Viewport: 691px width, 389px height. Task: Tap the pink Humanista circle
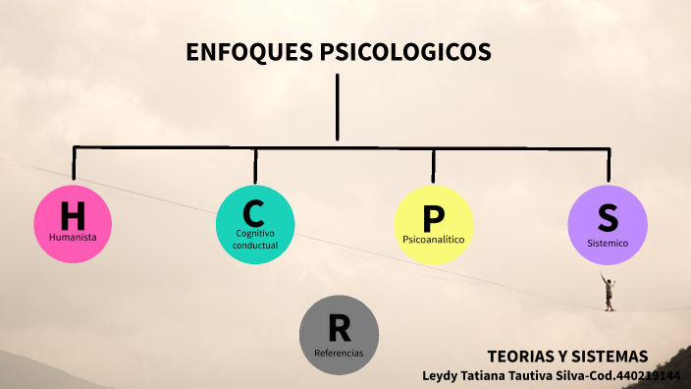73,224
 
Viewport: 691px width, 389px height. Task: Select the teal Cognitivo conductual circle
255,224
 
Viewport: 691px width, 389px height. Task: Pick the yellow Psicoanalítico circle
433,225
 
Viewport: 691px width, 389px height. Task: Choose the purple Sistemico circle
608,225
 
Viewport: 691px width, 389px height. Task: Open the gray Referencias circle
339,335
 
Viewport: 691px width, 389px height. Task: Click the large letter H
73,214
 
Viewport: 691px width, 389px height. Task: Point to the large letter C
255,211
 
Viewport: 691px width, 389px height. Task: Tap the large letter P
433,217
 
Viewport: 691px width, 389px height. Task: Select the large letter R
339,325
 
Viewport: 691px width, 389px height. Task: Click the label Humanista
73,237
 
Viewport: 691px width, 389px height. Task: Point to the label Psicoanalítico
433,239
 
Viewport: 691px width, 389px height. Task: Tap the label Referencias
339,352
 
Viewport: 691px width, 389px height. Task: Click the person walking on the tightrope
610,292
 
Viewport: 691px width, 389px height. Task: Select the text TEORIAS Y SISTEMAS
567,357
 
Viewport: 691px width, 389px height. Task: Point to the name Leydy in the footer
443,375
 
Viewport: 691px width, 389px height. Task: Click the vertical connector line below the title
338,108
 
